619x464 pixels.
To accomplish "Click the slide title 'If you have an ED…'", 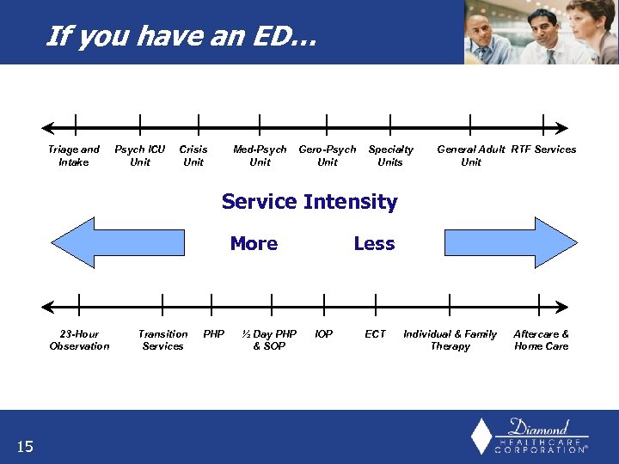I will tap(181, 36).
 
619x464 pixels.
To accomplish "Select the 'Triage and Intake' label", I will tap(74, 156).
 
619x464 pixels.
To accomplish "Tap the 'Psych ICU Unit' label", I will tap(140, 156).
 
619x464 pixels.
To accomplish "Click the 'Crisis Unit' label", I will tap(193, 156).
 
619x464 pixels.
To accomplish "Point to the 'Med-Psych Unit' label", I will tap(260, 156).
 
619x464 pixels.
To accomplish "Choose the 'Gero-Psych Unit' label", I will tap(327, 156).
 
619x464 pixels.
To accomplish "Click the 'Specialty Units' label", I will tap(390, 156).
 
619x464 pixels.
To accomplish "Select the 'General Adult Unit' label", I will tap(471, 156).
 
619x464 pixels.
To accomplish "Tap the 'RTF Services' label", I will tap(543, 150).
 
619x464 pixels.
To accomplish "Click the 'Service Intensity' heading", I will tap(309, 202).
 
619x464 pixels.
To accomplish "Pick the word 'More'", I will tap(254, 244).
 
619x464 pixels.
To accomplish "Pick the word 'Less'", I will tap(374, 244).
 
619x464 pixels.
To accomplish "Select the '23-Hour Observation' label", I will tap(79, 340).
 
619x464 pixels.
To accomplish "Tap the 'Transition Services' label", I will tap(162, 340).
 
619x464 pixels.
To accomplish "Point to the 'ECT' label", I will tap(375, 334).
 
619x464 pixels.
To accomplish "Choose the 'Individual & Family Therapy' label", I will tap(450, 340).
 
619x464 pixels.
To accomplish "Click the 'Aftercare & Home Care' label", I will tap(541, 340).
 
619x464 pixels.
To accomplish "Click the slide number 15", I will tap(25, 445).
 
